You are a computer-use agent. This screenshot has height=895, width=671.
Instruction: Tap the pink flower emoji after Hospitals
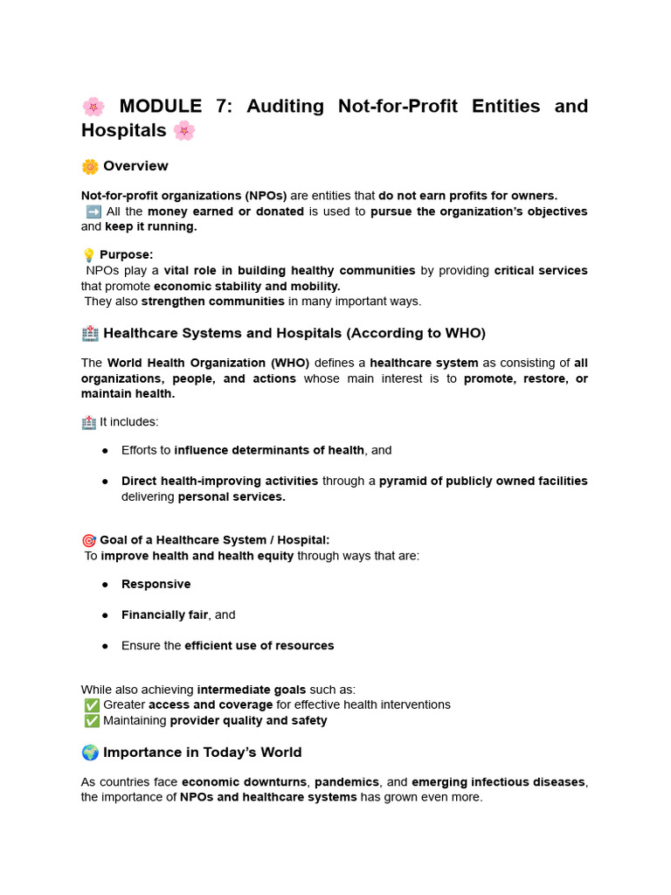pyautogui.click(x=184, y=131)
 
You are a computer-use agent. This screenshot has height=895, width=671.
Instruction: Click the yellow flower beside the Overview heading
pyautogui.click(x=90, y=166)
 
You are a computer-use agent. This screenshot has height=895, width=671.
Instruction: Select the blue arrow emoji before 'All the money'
pyautogui.click(x=93, y=212)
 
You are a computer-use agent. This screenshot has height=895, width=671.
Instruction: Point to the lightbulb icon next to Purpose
pyautogui.click(x=88, y=255)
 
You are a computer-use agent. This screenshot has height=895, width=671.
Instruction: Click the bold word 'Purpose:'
pyautogui.click(x=127, y=255)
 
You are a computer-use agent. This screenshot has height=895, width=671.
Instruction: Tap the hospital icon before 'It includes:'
pyautogui.click(x=88, y=422)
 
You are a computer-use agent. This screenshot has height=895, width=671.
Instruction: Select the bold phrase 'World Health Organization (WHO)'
pyautogui.click(x=208, y=363)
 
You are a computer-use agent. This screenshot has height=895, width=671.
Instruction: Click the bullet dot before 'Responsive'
pyautogui.click(x=105, y=584)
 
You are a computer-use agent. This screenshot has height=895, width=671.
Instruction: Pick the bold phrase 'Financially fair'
pyautogui.click(x=164, y=614)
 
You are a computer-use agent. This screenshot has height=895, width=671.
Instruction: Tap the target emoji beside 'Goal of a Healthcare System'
pyautogui.click(x=88, y=540)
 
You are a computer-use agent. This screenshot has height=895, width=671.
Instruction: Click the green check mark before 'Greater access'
pyautogui.click(x=91, y=704)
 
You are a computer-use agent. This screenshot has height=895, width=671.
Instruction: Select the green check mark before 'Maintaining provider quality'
pyautogui.click(x=91, y=721)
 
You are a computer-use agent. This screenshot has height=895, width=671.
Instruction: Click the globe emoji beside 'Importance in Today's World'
pyautogui.click(x=90, y=753)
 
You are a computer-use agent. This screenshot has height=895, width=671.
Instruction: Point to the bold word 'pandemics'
pyautogui.click(x=347, y=782)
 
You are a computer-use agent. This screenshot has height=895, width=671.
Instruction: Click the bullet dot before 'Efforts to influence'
pyautogui.click(x=105, y=450)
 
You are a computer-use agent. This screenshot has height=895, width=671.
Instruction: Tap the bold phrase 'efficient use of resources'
pyautogui.click(x=259, y=646)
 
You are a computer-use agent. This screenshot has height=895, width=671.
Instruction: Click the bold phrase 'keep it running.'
pyautogui.click(x=151, y=227)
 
